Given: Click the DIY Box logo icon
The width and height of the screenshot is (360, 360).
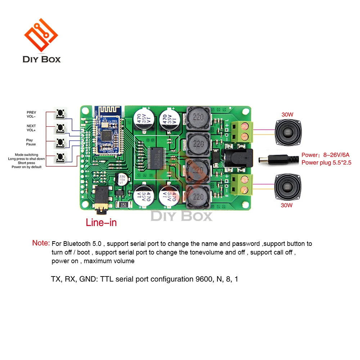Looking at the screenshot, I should (x=41, y=35).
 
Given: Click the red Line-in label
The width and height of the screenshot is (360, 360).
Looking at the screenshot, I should (x=101, y=222).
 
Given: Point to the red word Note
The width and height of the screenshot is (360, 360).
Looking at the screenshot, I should (x=41, y=243).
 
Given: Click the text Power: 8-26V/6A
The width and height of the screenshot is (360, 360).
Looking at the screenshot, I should (x=325, y=155).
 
